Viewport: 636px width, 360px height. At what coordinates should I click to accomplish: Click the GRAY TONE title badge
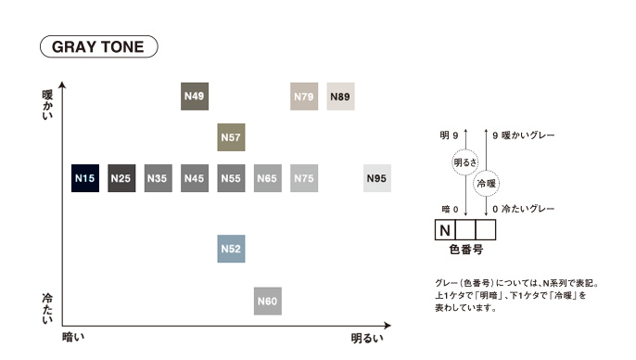[98, 46]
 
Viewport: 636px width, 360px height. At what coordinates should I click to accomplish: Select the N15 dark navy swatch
[85, 178]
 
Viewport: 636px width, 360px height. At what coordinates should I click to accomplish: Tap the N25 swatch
[121, 178]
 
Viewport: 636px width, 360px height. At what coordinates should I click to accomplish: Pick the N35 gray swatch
[159, 178]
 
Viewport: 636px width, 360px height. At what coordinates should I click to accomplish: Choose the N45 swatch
[195, 178]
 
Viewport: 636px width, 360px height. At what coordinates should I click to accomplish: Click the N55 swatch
[231, 178]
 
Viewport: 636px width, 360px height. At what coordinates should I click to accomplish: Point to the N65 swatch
[268, 178]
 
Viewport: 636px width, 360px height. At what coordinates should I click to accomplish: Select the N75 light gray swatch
[304, 178]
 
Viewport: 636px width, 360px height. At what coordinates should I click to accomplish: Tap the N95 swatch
[377, 178]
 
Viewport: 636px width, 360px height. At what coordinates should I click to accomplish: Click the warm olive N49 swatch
[195, 96]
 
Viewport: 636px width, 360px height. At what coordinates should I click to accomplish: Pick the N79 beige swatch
[304, 96]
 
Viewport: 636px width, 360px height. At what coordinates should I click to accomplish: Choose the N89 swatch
[341, 96]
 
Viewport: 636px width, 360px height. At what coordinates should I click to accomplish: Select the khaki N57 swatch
[231, 137]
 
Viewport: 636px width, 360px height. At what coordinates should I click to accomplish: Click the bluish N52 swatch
[231, 249]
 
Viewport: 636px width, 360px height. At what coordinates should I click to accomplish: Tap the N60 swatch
[268, 302]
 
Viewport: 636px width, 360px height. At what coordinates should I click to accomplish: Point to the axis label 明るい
[367, 338]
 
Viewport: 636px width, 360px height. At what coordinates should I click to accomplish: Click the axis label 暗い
[73, 337]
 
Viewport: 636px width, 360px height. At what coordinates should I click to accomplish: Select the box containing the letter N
[445, 230]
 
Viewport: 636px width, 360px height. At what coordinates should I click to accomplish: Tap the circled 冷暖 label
[486, 184]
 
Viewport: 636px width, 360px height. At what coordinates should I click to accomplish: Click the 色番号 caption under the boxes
[466, 250]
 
